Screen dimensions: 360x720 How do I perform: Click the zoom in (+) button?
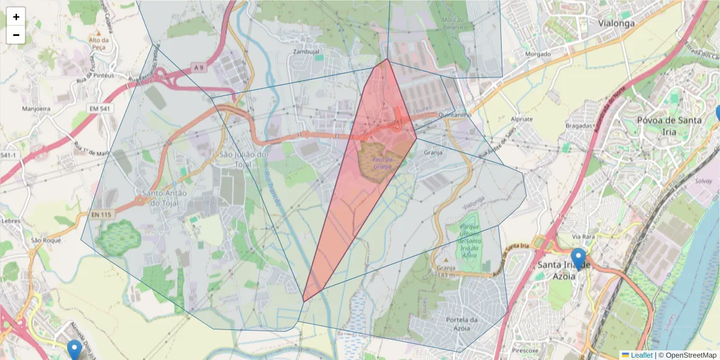(x=16, y=17)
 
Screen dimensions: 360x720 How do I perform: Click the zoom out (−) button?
(x=16, y=35)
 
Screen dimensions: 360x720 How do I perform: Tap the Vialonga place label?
(x=616, y=23)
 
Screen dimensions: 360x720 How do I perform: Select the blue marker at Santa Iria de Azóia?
(x=578, y=258)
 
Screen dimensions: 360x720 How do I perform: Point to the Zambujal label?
(x=306, y=52)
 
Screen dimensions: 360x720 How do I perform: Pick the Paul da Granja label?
(x=382, y=163)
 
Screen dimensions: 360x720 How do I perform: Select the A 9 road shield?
(x=199, y=68)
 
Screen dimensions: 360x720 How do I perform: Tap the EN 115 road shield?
(x=102, y=214)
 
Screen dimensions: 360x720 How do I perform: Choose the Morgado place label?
(x=538, y=54)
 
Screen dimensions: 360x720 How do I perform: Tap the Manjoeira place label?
(x=36, y=109)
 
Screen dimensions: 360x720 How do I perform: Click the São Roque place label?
(x=46, y=240)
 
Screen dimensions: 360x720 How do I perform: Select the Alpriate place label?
(x=521, y=119)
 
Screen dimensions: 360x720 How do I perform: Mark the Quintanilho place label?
(x=455, y=114)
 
